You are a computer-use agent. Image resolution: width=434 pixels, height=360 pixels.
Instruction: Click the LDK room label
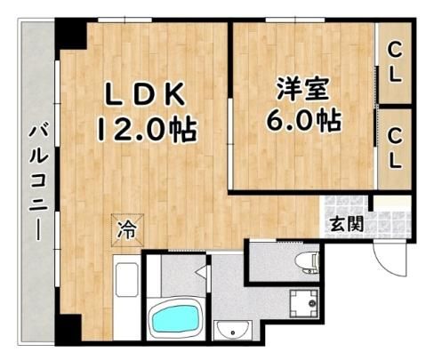[x=145, y=94]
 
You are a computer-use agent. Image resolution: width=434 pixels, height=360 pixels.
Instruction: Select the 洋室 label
[x=303, y=89]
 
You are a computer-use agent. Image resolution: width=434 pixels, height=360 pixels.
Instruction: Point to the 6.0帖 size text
[x=303, y=121]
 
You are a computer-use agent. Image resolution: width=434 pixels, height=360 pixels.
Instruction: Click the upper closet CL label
[x=395, y=62]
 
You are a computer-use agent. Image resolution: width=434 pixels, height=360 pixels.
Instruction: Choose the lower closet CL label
[x=395, y=149]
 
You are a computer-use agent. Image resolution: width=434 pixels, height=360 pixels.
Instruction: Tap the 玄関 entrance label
[x=347, y=223]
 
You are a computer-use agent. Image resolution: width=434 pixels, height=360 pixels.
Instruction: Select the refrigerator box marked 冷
[x=127, y=230]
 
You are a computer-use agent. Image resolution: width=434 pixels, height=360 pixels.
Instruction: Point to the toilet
[x=307, y=262]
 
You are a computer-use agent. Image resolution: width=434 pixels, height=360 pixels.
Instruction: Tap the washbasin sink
[x=233, y=331]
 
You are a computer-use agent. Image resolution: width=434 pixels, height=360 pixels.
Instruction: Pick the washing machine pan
[x=304, y=303]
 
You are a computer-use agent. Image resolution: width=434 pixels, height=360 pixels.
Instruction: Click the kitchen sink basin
[x=127, y=280]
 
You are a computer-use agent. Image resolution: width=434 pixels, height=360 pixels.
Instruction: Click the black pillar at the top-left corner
[x=70, y=34]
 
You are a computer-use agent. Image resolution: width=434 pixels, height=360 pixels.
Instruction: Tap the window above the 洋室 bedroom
[x=295, y=20]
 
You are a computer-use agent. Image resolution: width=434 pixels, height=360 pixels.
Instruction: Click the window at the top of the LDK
[x=125, y=20]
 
